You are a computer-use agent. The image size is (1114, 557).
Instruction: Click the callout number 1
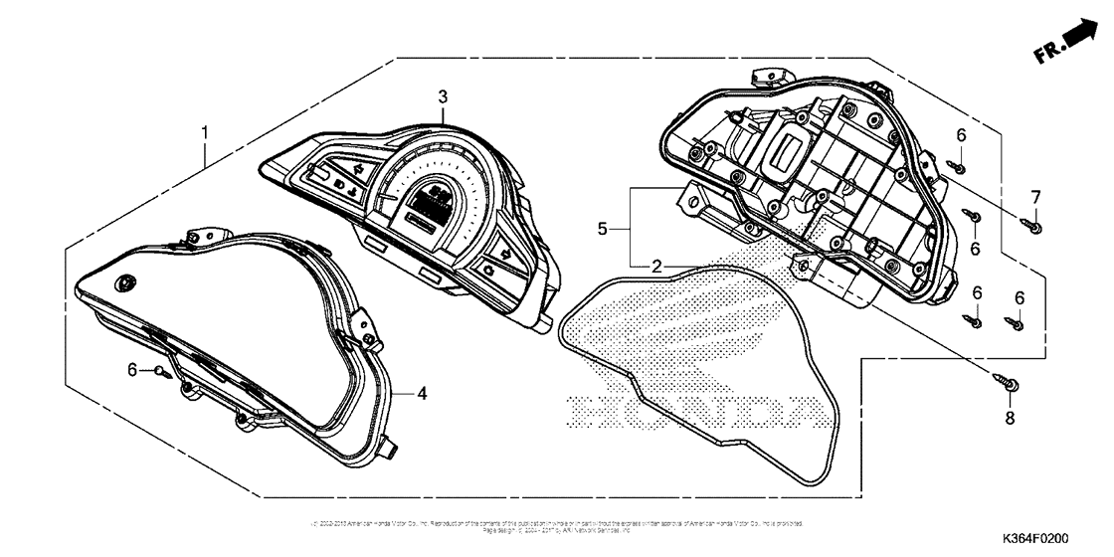click(x=204, y=132)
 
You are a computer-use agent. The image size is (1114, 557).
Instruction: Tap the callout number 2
click(x=656, y=267)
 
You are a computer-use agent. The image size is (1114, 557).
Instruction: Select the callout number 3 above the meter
click(x=443, y=96)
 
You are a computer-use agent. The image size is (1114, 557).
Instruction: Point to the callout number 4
click(x=422, y=394)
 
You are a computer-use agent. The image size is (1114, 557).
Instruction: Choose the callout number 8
click(x=1011, y=419)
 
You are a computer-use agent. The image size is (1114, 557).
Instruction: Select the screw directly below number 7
click(x=1032, y=228)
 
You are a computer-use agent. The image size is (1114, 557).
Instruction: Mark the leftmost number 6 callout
click(x=133, y=370)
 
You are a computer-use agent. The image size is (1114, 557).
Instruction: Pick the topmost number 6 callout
click(x=961, y=135)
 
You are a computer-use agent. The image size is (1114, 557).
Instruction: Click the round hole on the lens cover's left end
click(x=124, y=283)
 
